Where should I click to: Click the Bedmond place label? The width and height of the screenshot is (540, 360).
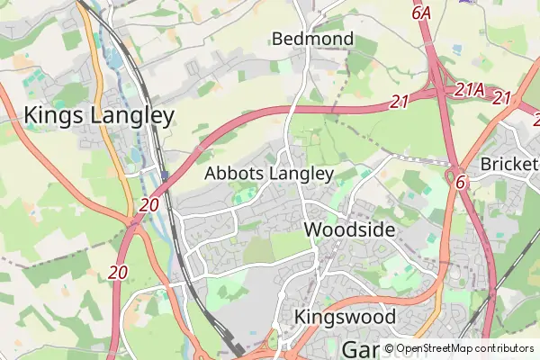pyautogui.click(x=312, y=39)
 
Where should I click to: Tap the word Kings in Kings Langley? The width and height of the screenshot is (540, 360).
pyautogui.click(x=54, y=115)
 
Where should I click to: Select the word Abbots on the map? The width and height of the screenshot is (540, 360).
pyautogui.click(x=235, y=173)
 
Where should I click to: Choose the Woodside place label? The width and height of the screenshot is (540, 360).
pyautogui.click(x=350, y=229)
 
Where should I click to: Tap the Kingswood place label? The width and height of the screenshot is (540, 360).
pyautogui.click(x=345, y=317)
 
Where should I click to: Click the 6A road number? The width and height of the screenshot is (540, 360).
pyautogui.click(x=422, y=13)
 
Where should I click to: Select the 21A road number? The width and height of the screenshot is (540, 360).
pyautogui.click(x=470, y=90)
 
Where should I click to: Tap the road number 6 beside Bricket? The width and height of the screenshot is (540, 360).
pyautogui.click(x=460, y=181)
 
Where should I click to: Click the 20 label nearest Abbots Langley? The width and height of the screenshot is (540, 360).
pyautogui.click(x=149, y=205)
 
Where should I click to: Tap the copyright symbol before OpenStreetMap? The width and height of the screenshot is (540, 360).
pyautogui.click(x=389, y=348)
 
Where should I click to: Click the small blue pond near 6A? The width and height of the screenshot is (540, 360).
pyautogui.click(x=467, y=2)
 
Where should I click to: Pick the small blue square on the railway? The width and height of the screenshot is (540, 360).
pyautogui.click(x=165, y=174)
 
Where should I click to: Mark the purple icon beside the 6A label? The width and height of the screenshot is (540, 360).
pyautogui.click(x=467, y=2)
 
